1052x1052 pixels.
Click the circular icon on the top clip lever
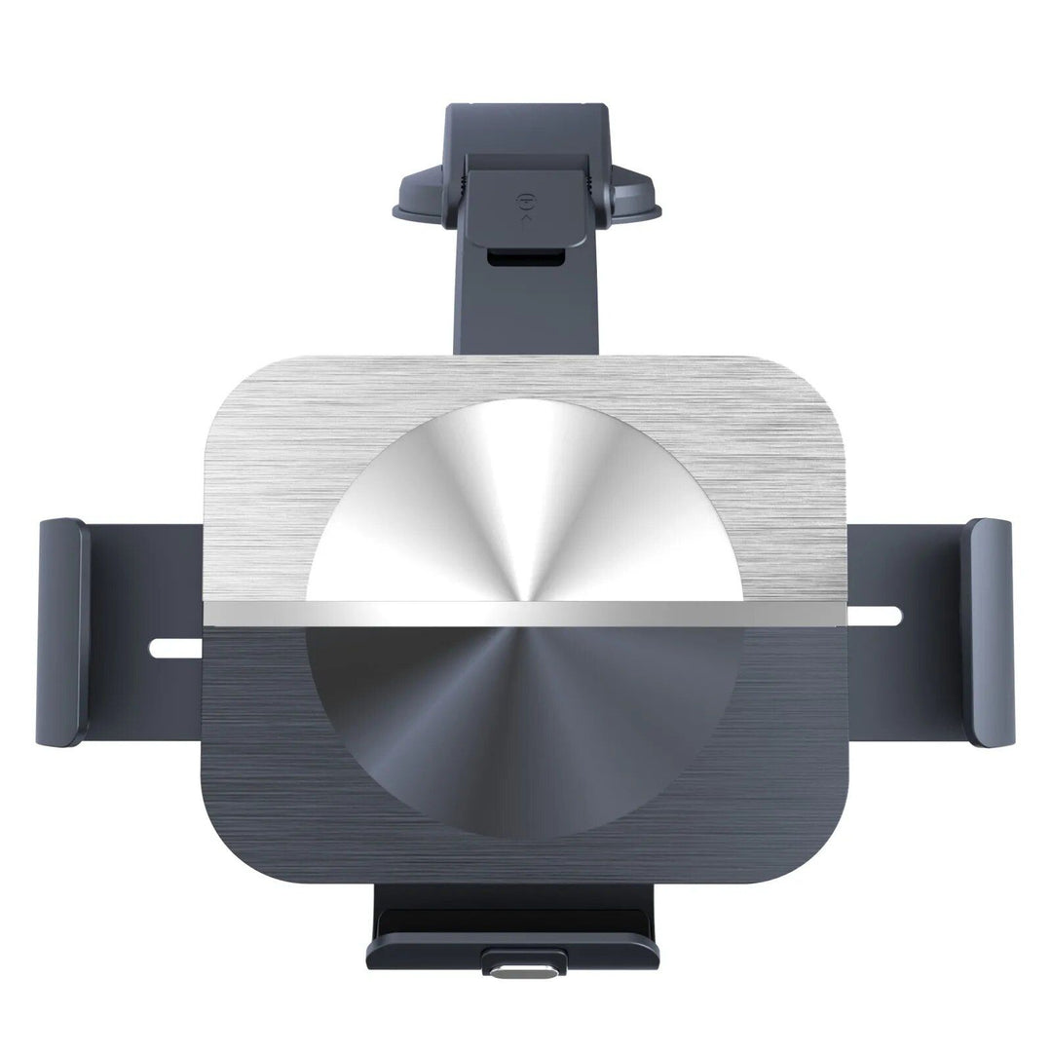point(526,203)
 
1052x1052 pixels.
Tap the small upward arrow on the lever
point(526,220)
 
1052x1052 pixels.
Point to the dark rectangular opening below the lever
point(526,257)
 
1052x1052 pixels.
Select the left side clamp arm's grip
point(62,633)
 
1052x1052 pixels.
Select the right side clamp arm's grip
point(991,633)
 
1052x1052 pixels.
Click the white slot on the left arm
point(175,647)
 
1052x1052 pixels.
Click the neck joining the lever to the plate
point(526,312)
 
